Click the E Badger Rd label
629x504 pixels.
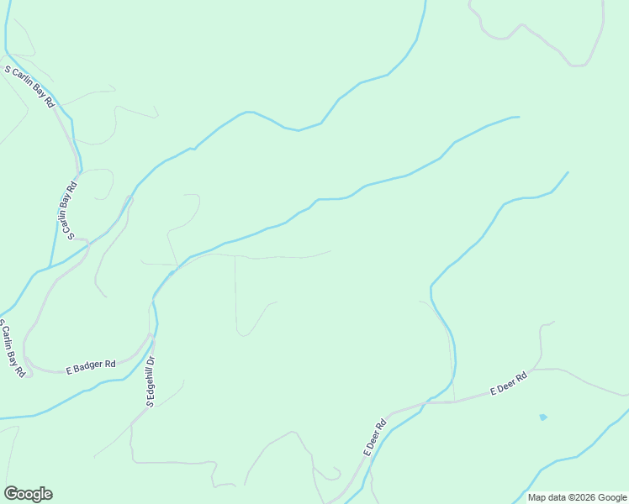(x=91, y=366)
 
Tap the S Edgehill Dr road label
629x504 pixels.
(x=152, y=381)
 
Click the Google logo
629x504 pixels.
(x=28, y=494)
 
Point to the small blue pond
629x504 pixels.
(x=543, y=417)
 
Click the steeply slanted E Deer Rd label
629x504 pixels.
(x=374, y=437)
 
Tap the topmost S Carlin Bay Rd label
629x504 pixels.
(x=30, y=87)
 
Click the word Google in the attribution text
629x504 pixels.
(x=609, y=497)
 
